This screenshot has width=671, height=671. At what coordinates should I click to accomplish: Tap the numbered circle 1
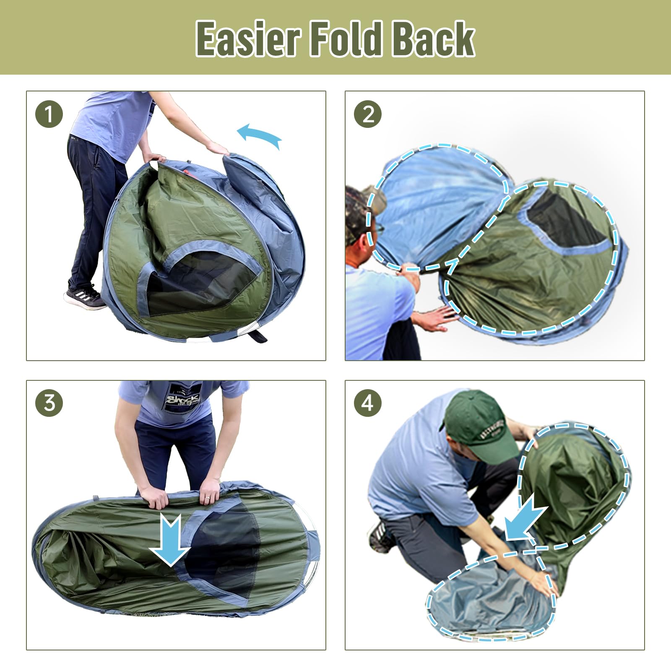[x=49, y=114]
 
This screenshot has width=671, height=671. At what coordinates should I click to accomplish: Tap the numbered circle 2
[x=368, y=114]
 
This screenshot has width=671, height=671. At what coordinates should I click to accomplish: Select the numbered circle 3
[x=49, y=403]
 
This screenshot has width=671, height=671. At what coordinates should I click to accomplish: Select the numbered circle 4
[x=368, y=403]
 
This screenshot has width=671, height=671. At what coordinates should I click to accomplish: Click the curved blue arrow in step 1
[x=259, y=135]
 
